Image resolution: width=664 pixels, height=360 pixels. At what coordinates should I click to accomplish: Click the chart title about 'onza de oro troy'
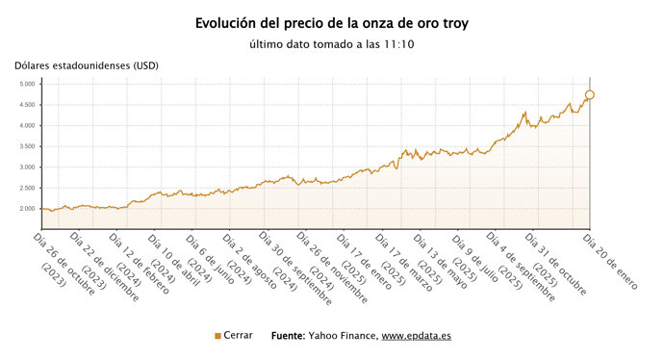click(332, 22)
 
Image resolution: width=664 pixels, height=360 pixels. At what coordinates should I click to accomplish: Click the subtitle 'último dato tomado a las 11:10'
click(332, 44)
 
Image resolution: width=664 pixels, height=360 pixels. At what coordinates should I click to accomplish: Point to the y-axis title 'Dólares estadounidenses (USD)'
click(87, 65)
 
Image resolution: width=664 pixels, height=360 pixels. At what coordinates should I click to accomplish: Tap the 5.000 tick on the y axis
click(26, 84)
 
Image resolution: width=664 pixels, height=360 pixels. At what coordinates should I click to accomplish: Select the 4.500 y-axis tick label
click(26, 105)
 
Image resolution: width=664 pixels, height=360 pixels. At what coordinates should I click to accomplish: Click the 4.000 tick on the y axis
click(26, 125)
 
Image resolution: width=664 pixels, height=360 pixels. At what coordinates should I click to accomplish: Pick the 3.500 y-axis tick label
click(26, 146)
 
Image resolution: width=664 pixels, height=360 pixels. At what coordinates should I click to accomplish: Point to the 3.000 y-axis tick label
click(26, 167)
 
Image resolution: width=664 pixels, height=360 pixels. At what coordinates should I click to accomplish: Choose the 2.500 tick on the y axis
click(26, 188)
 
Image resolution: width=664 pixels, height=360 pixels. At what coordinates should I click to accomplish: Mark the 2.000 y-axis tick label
click(26, 209)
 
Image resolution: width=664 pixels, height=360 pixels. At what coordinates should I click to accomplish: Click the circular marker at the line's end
click(590, 94)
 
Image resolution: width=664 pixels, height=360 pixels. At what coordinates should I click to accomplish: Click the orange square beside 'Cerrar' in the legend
click(217, 336)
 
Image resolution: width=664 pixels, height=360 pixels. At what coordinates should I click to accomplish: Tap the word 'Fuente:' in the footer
click(289, 336)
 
